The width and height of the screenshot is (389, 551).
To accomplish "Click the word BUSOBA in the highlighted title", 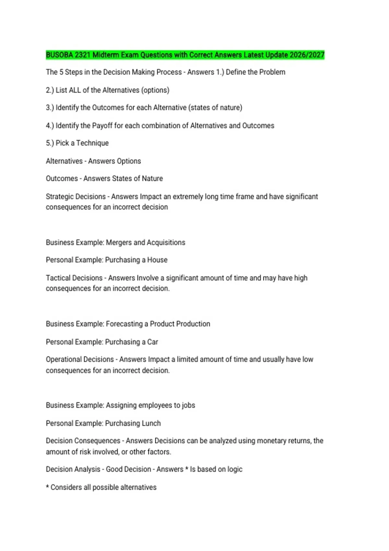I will [x=59, y=55].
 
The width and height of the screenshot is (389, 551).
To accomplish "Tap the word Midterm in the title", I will [x=106, y=55].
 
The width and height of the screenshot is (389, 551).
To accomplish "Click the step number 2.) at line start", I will [x=50, y=90].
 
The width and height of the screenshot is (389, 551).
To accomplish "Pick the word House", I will [x=157, y=260].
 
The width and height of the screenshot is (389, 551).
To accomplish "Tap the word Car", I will [x=152, y=342].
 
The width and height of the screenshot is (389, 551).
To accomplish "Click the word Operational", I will [x=64, y=359].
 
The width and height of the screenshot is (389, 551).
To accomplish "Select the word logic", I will [x=234, y=469].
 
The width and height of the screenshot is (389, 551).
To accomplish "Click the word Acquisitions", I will [x=166, y=242].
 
